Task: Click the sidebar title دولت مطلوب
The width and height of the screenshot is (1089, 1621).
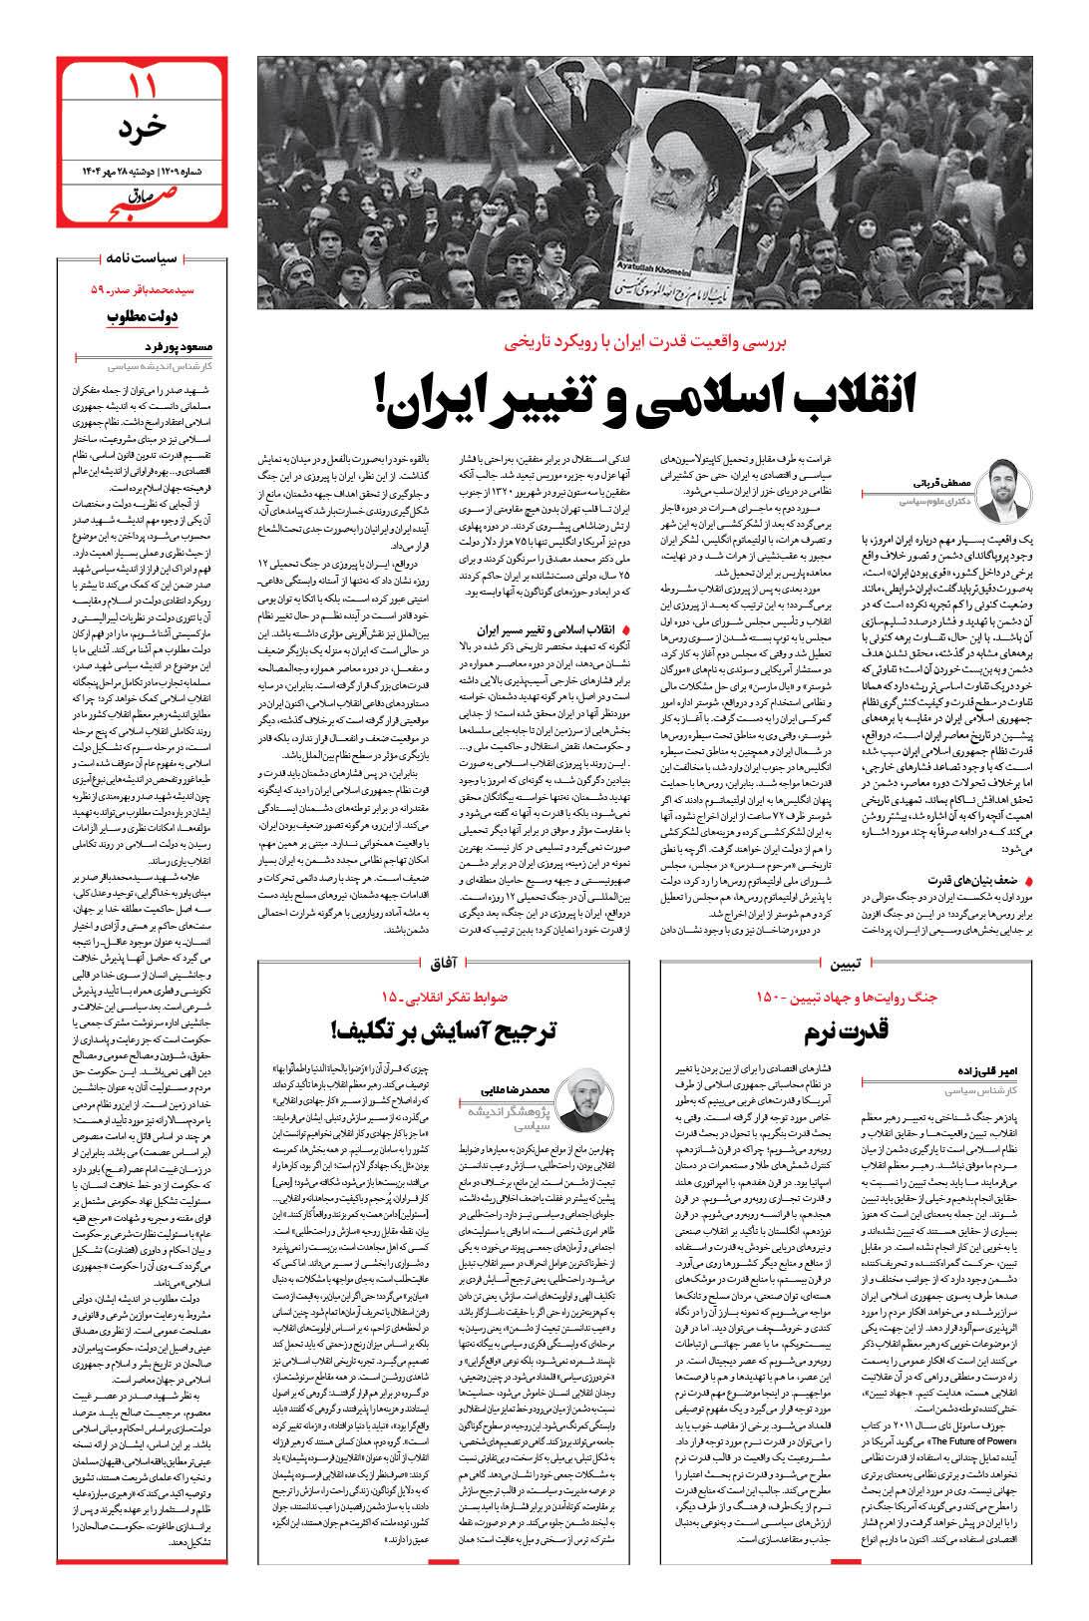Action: pyautogui.click(x=142, y=317)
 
